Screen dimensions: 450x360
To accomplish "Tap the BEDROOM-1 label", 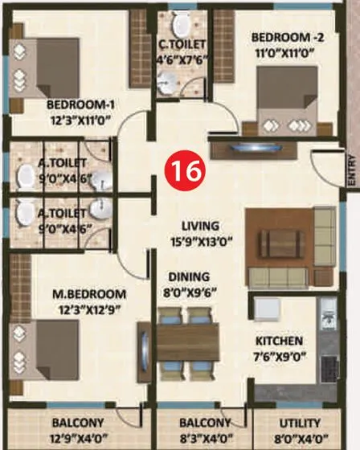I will [78, 104].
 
